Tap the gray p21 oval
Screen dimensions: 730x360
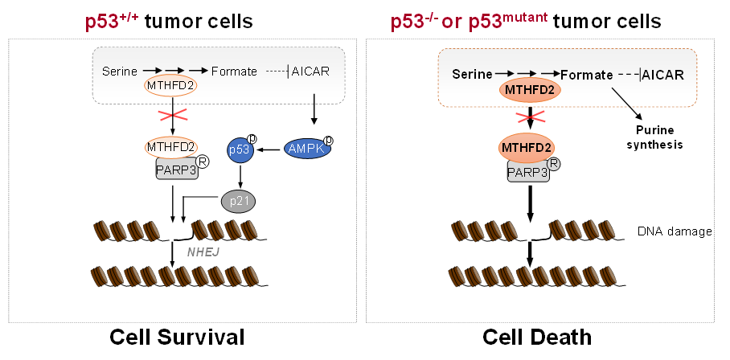click(x=238, y=202)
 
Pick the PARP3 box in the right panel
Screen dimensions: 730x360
click(x=528, y=172)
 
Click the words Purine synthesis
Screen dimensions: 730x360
click(x=654, y=137)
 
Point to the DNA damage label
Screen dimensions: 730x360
click(x=675, y=231)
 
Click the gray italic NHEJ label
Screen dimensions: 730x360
click(x=203, y=252)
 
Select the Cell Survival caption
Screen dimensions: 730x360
click(x=177, y=337)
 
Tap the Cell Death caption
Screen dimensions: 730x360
click(x=537, y=337)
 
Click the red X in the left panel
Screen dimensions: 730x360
click(x=173, y=116)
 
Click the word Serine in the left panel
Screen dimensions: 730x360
click(x=120, y=72)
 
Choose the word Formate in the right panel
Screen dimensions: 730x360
click(x=587, y=75)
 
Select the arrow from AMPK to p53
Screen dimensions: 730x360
click(x=269, y=149)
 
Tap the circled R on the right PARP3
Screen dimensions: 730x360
click(x=554, y=164)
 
